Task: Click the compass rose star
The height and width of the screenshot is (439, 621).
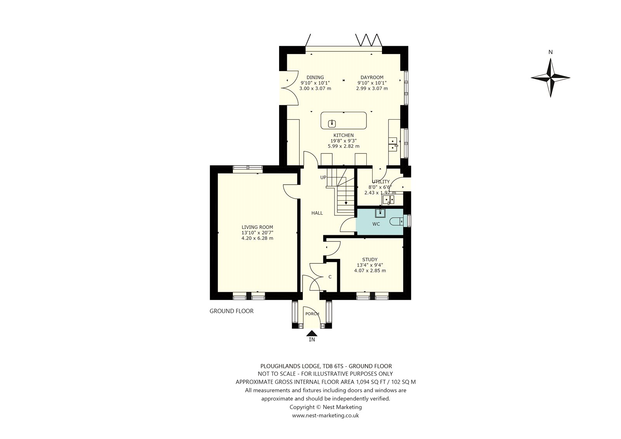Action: (550, 78)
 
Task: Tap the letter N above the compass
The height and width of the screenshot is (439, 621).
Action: (551, 52)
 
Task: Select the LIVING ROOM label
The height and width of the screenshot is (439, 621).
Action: (257, 227)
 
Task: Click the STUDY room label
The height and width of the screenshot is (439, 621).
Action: (370, 260)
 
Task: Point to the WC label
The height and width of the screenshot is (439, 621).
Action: (376, 224)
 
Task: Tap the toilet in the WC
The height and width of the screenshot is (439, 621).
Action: (396, 222)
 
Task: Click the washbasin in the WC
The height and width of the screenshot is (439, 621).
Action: (380, 213)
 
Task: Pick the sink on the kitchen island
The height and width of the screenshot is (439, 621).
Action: (332, 123)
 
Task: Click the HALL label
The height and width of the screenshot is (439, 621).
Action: (317, 213)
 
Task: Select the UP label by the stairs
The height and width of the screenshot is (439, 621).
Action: (323, 177)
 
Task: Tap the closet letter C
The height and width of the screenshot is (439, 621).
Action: (330, 277)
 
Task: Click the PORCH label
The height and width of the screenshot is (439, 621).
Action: (312, 314)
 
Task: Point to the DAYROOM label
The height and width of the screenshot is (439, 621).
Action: (372, 77)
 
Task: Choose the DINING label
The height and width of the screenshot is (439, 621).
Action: (315, 77)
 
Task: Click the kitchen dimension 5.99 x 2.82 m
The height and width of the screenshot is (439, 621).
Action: (343, 146)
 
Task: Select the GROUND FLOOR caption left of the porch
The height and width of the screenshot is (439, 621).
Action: (231, 311)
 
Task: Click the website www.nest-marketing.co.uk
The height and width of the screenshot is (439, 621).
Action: (326, 415)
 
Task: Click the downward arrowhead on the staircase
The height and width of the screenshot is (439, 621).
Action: (346, 203)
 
